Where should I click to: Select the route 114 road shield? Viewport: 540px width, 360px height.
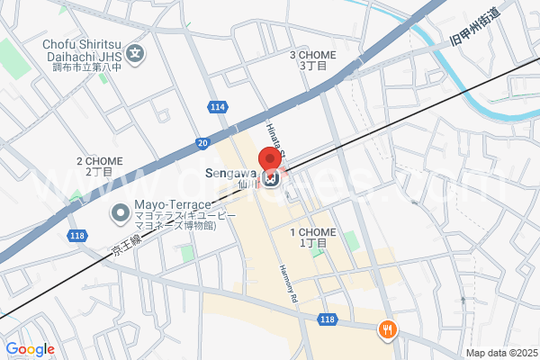[216, 107]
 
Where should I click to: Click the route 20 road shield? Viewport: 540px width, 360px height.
[202, 142]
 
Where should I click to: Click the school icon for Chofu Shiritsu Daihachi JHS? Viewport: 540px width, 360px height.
[135, 53]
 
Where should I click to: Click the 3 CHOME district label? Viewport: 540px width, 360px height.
[311, 60]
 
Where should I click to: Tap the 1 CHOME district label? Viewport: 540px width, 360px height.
[312, 238]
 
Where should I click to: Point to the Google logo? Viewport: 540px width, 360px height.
[30, 349]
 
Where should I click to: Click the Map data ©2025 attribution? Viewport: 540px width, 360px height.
[500, 353]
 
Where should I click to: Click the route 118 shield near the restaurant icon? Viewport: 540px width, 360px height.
[328, 319]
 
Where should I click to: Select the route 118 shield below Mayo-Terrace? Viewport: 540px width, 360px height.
[76, 235]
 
